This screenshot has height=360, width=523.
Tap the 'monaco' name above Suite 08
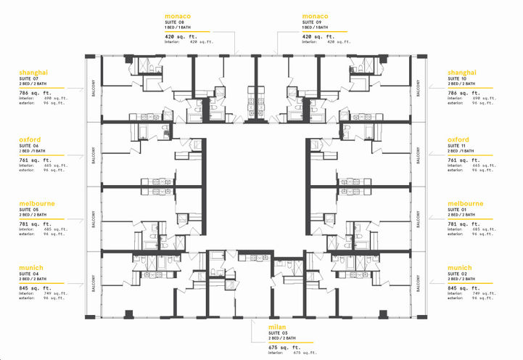click(178, 15)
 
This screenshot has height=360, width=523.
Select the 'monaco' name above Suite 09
click(315, 15)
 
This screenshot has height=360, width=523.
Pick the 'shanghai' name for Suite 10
click(463, 73)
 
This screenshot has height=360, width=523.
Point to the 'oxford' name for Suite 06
click(31, 139)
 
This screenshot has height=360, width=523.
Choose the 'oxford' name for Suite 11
click(458, 139)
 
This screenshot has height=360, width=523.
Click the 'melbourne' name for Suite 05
click(38, 203)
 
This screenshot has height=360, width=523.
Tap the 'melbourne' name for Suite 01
click(466, 203)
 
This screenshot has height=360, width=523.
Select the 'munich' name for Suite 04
click(33, 267)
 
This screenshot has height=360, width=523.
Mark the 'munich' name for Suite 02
click(460, 267)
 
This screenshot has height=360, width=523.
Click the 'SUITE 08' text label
click(175, 22)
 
